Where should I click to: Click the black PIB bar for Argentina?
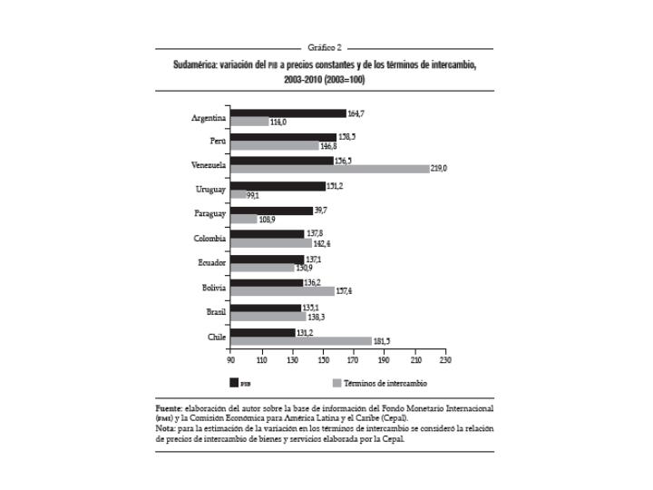click(288, 113)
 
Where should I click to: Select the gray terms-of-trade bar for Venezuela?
click(330, 169)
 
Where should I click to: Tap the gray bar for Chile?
click(301, 341)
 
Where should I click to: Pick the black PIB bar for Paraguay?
click(271, 211)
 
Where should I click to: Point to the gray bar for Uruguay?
click(239, 194)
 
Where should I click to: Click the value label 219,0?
click(441, 169)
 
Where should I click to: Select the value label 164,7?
click(357, 113)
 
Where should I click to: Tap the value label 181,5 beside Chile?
click(383, 341)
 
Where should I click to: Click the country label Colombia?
click(210, 239)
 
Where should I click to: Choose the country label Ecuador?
click(210, 263)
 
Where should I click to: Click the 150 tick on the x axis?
click(324, 360)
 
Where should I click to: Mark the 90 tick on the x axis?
click(231, 360)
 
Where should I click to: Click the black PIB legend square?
click(234, 382)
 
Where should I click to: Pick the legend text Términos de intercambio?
click(386, 382)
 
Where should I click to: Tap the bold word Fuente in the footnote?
click(171, 409)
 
